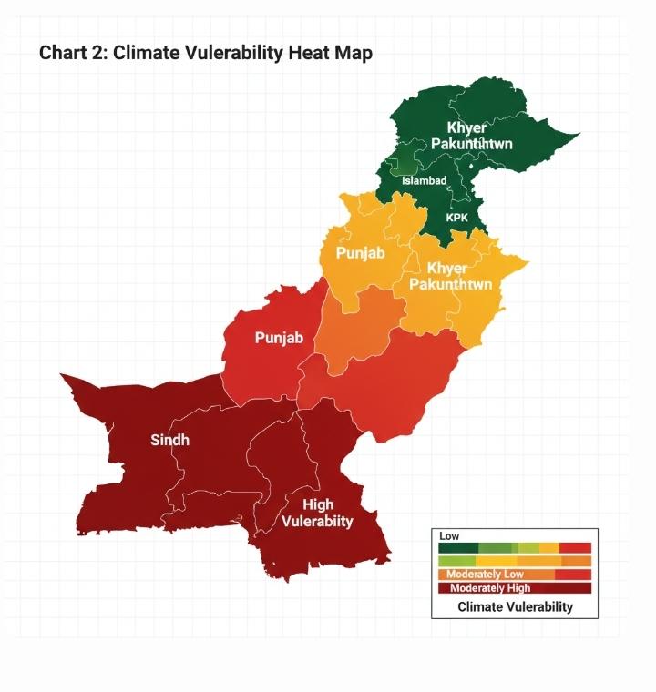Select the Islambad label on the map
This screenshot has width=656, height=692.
(425, 181)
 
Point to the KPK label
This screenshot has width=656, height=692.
(457, 219)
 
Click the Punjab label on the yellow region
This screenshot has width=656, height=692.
(361, 252)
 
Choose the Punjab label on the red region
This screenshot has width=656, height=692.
(279, 338)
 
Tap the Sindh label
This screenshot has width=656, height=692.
(169, 441)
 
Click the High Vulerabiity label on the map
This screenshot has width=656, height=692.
(317, 513)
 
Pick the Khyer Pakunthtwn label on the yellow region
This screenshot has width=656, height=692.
(450, 277)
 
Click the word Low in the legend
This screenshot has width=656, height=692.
(449, 536)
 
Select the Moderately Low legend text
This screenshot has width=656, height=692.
(485, 575)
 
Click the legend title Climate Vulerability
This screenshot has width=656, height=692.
(515, 606)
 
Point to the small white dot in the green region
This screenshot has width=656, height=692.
(470, 168)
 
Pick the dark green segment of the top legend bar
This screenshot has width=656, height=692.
(458, 547)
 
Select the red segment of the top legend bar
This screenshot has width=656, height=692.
(576, 547)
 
